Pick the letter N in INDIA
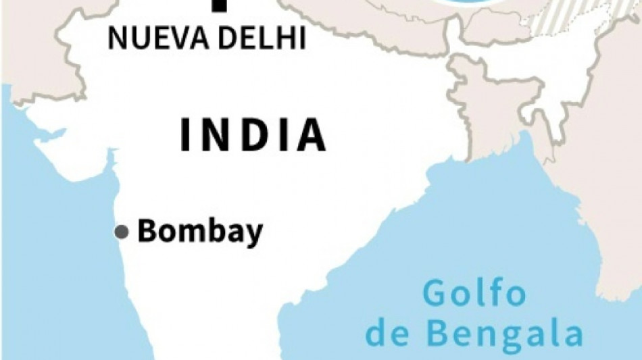(216, 134)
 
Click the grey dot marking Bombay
(122, 232)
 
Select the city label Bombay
(200, 232)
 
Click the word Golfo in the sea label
(474, 295)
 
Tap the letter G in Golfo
(437, 295)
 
